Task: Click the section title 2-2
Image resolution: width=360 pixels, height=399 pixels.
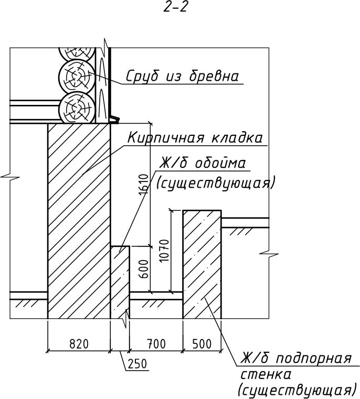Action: pyautogui.click(x=175, y=8)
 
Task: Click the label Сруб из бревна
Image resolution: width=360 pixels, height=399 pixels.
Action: pyautogui.click(x=182, y=77)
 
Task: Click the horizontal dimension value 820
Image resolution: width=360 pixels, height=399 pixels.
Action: pyautogui.click(x=79, y=344)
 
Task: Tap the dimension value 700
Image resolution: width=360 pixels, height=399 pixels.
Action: pyautogui.click(x=156, y=344)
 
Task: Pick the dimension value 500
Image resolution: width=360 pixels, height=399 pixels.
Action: pyautogui.click(x=202, y=344)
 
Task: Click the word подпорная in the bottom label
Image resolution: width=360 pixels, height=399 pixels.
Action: pyautogui.click(x=313, y=360)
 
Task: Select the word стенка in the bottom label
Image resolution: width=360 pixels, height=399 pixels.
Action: pyautogui.click(x=265, y=375)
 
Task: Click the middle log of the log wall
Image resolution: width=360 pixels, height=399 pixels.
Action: pyautogui.click(x=77, y=77)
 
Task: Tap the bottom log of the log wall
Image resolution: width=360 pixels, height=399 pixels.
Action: pyautogui.click(x=77, y=109)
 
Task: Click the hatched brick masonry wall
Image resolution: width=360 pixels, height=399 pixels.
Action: pyautogui.click(x=79, y=220)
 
